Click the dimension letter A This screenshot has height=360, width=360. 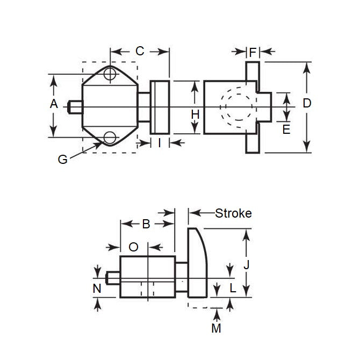point(54,104)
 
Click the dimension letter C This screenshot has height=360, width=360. point(140,51)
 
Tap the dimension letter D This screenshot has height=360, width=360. point(307,104)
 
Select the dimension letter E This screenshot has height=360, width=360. point(286,129)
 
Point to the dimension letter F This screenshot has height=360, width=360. point(253,52)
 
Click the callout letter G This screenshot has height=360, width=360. point(63,160)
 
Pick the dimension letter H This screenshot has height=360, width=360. point(195,114)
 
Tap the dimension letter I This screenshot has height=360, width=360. point(160,142)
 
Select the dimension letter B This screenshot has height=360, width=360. point(146,225)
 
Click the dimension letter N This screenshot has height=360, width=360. point(97,289)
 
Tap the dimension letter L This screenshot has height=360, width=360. point(232,288)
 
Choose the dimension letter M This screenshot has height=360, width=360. point(216,328)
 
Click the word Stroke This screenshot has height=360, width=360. point(233,213)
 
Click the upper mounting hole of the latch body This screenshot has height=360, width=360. point(110,74)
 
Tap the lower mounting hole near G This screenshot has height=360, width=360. point(110,138)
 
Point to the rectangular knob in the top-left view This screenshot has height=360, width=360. point(160,107)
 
